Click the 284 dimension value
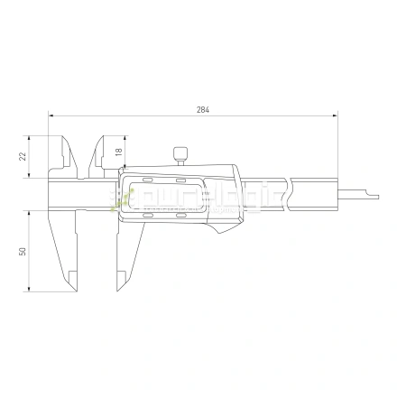pyautogui.click(x=201, y=109)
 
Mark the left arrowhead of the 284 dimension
pyautogui.click(x=52, y=115)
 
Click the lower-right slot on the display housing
pyautogui.click(x=180, y=217)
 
